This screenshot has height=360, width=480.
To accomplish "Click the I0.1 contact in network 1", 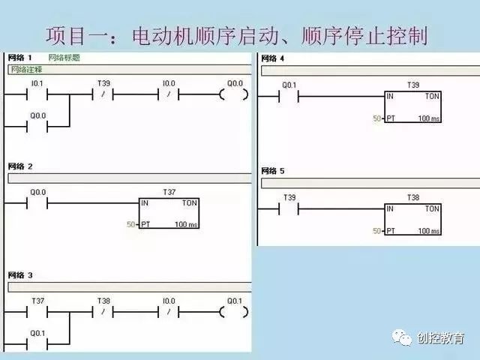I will pos(37,94).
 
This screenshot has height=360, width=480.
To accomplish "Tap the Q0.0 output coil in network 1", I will pos(234,94).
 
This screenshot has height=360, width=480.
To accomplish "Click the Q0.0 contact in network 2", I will pos(37,203).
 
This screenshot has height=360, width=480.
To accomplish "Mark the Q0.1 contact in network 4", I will pos(288,96).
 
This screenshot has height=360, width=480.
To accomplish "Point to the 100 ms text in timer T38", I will pos(429,231).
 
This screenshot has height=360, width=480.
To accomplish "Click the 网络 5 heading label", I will pos(271,172).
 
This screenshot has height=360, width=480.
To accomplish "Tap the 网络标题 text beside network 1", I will pos(63,58).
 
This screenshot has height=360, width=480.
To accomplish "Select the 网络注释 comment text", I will pos(25,70).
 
